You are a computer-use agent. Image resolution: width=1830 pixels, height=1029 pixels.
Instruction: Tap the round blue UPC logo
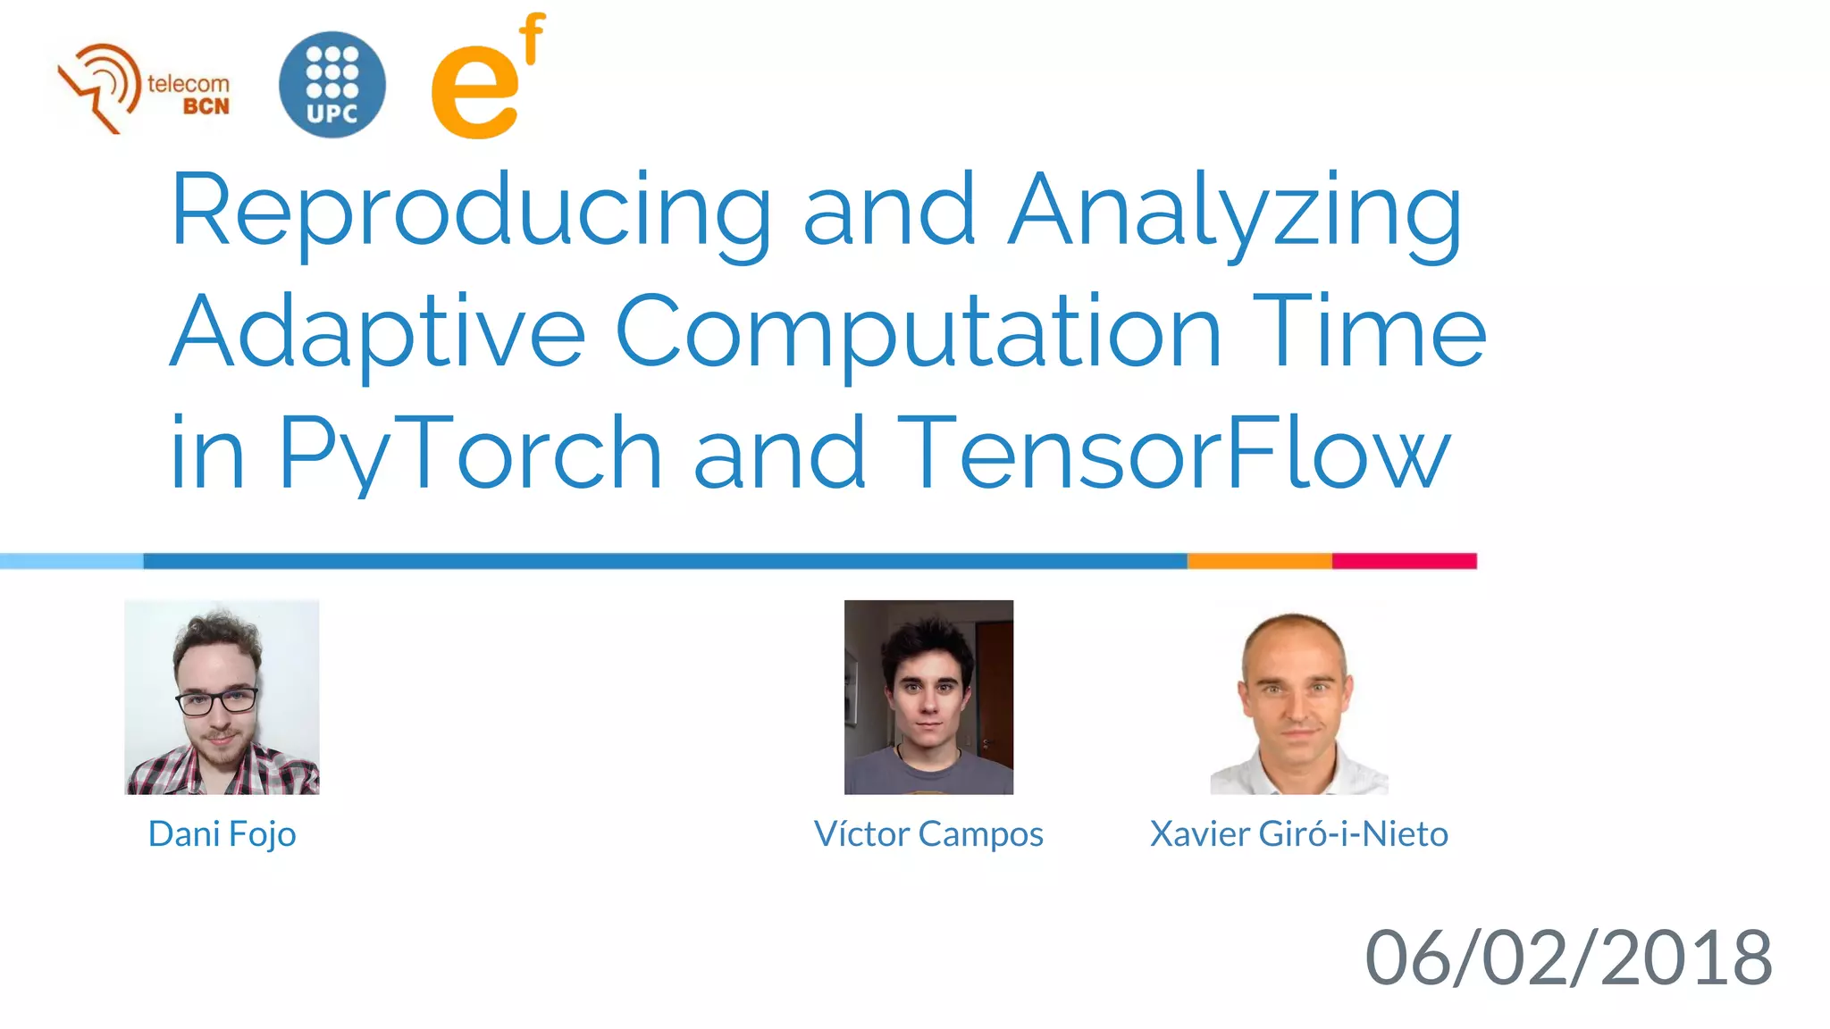(x=332, y=85)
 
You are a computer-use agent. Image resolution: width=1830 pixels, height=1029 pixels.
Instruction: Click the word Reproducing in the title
(x=470, y=211)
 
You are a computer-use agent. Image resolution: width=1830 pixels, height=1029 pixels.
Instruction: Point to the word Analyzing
(x=1235, y=211)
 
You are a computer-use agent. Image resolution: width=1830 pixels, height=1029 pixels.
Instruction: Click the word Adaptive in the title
(x=377, y=332)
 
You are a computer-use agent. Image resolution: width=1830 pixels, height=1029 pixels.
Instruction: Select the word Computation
(x=918, y=332)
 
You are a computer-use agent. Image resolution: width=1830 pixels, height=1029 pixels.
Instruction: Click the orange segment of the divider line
(x=1259, y=561)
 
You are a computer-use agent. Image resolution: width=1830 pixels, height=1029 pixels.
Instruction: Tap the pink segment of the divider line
(x=1404, y=561)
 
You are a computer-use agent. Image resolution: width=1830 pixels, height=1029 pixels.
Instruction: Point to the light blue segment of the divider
(x=71, y=561)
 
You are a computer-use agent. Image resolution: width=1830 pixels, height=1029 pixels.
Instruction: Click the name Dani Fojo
(x=222, y=834)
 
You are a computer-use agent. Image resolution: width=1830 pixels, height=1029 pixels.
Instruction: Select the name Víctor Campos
(x=928, y=834)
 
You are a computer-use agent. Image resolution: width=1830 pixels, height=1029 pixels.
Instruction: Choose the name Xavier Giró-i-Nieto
(x=1298, y=834)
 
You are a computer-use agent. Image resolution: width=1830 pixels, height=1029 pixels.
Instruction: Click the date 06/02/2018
(x=1568, y=958)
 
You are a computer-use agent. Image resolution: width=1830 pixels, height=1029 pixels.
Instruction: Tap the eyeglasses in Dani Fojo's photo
(x=217, y=701)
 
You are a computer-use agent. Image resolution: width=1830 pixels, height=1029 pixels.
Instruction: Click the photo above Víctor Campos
(x=928, y=697)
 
